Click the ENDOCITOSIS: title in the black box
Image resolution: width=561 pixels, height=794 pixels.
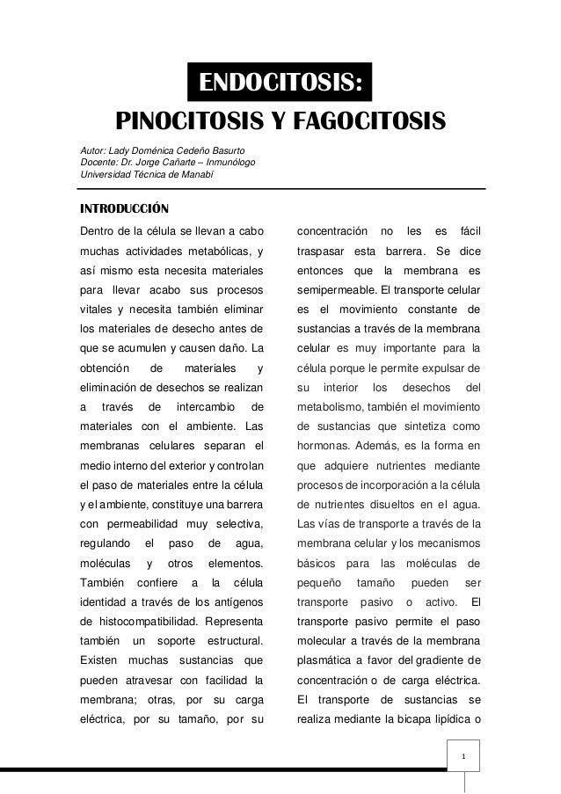tap(280, 83)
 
